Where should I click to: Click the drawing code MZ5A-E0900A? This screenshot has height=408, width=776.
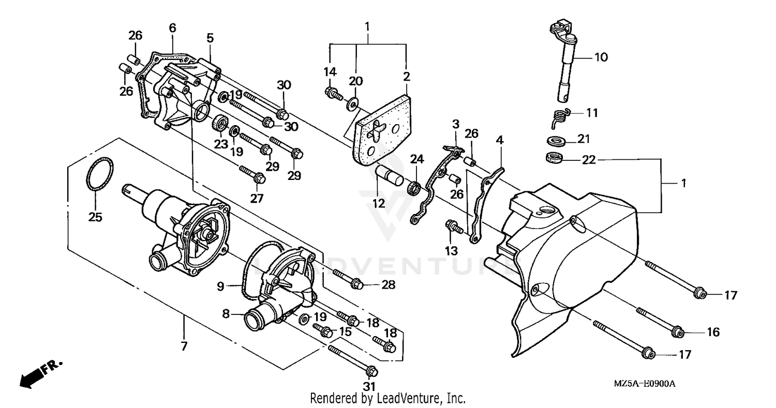(645, 384)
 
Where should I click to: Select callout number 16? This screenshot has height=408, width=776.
(713, 332)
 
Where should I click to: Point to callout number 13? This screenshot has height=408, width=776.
(451, 251)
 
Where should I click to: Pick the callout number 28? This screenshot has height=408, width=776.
(388, 284)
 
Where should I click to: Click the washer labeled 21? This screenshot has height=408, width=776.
(556, 140)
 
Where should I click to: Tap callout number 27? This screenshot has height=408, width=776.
(257, 198)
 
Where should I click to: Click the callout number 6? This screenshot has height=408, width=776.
(172, 27)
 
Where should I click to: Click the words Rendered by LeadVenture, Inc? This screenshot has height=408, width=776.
(387, 398)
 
